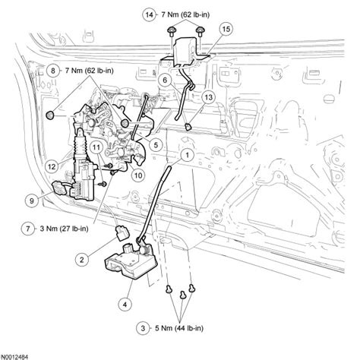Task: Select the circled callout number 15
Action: tap(224, 29)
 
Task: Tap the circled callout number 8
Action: tap(52, 69)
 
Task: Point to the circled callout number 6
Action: tap(163, 78)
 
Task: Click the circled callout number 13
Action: tap(206, 97)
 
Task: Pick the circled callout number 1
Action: tap(185, 154)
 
